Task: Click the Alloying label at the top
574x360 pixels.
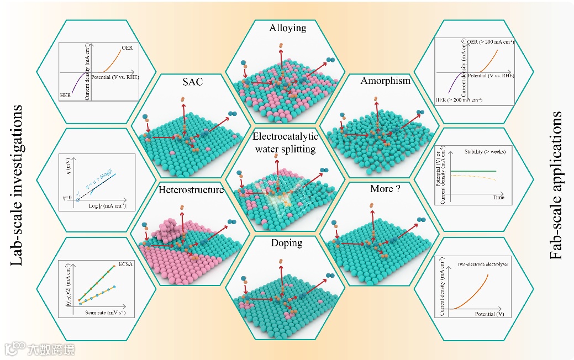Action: pyautogui.click(x=287, y=28)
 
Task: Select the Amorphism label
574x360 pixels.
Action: pyautogui.click(x=386, y=81)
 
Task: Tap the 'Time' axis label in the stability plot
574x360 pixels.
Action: pyautogui.click(x=499, y=197)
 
